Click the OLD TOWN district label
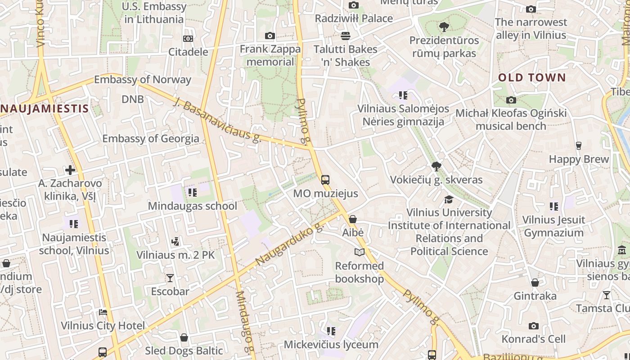pyautogui.click(x=531, y=77)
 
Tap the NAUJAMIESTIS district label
pyautogui.click(x=45, y=109)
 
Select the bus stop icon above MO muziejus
pyautogui.click(x=325, y=180)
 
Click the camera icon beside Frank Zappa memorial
pyautogui.click(x=270, y=36)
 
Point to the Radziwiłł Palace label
pyautogui.click(x=354, y=18)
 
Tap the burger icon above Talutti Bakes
pyautogui.click(x=346, y=36)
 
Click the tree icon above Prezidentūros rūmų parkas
pyautogui.click(x=444, y=27)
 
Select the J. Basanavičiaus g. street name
pyautogui.click(x=217, y=121)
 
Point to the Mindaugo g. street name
pyautogui.click(x=245, y=322)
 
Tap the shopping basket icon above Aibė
pyautogui.click(x=353, y=219)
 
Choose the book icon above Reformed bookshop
pyautogui.click(x=359, y=252)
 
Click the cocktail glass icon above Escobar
pyautogui.click(x=170, y=278)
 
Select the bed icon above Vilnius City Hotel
pyautogui.click(x=103, y=312)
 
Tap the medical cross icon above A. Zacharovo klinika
pyautogui.click(x=70, y=170)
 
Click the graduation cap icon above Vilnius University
pyautogui.click(x=449, y=199)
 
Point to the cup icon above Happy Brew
pyautogui.click(x=579, y=146)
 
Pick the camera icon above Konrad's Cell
pyautogui.click(x=533, y=325)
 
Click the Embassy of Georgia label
pyautogui.click(x=151, y=138)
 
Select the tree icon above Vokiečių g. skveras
pyautogui.click(x=436, y=166)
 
